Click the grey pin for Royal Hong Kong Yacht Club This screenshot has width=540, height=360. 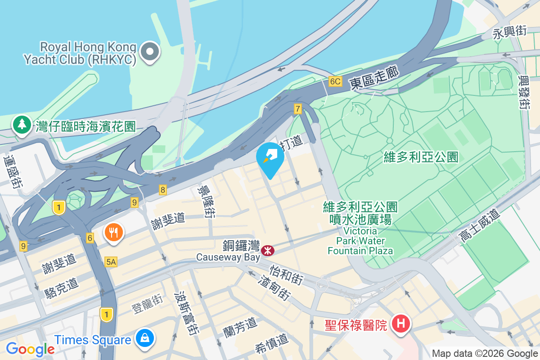pos(150,52)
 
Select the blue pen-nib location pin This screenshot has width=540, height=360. pos(270,159)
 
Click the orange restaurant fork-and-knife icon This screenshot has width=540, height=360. pos(114,233)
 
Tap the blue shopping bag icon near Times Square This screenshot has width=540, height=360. pos(145,339)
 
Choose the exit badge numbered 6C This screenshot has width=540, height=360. pos(335,81)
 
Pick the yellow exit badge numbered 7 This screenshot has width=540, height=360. pos(297,108)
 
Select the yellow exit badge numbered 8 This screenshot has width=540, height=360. pos(162,190)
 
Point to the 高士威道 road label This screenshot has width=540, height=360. pos(479,226)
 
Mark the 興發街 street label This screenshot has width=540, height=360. pos(523,92)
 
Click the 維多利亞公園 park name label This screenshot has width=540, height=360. pos(421,157)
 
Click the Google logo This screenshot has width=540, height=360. pos(30,349)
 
